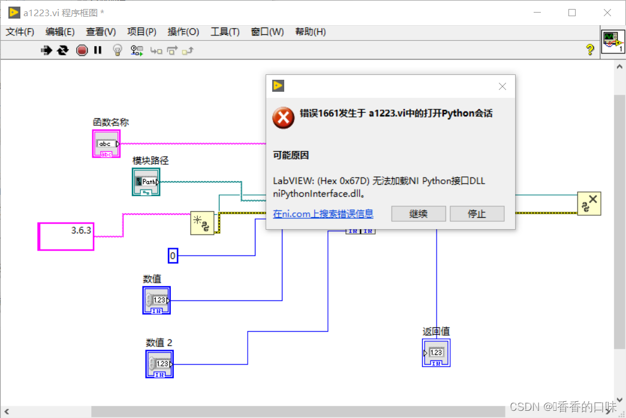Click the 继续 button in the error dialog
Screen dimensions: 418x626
[418, 213]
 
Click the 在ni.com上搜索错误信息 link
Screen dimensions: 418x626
[323, 213]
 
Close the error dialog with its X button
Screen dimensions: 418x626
[502, 86]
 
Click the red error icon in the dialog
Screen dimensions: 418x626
[283, 118]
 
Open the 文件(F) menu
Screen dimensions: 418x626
[20, 32]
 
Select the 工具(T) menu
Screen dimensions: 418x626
[225, 32]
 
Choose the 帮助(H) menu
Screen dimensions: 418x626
[310, 32]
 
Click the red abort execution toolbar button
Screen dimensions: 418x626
[82, 50]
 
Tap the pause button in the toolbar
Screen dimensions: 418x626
[98, 50]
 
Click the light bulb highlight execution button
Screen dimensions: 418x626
[118, 50]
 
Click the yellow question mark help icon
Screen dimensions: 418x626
[589, 50]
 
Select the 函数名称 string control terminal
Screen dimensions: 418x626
[106, 144]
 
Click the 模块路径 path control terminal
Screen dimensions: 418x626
[146, 182]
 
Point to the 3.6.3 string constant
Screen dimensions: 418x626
[66, 236]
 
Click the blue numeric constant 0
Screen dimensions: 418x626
[173, 256]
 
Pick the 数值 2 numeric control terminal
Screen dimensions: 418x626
[159, 364]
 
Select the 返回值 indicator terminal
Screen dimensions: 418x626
[436, 353]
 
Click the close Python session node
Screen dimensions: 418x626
[589, 204]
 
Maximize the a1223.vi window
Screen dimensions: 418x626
[571, 13]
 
